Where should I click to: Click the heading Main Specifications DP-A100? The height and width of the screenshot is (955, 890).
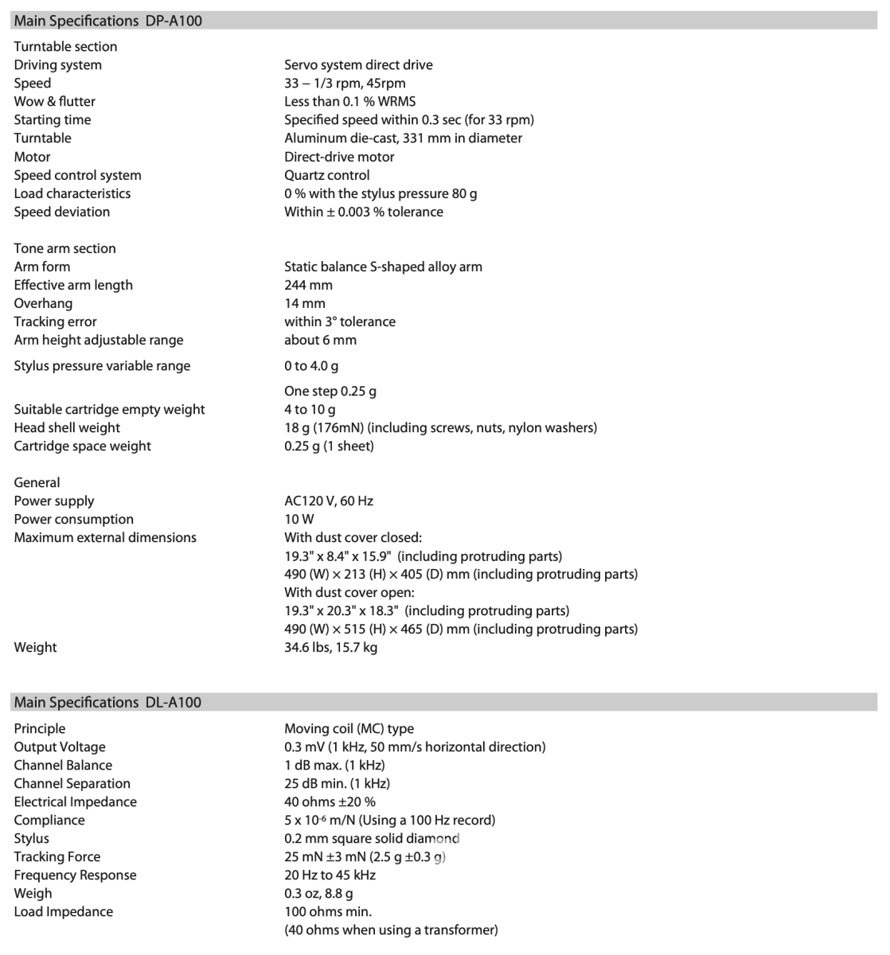coord(108,21)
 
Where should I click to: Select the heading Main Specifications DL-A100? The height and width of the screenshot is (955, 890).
coord(108,702)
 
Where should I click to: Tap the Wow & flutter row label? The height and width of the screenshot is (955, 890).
coord(54,101)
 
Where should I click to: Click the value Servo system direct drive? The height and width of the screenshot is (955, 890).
coord(358,64)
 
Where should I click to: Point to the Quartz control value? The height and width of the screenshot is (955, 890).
coord(326,175)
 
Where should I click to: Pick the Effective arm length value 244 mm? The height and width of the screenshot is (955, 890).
coord(308,285)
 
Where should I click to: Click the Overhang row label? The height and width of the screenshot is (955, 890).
coord(43,303)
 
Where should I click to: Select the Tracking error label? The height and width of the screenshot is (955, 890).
coord(55,322)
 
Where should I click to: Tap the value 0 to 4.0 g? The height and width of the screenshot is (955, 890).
coord(311,366)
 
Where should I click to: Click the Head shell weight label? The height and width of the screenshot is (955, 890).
coord(67,427)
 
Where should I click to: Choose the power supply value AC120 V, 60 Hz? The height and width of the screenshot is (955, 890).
coord(328,501)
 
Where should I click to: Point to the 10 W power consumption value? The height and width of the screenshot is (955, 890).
coord(299,519)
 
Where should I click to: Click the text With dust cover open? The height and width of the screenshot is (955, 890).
coord(349,592)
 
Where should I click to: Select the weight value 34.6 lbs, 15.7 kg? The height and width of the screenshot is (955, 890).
coord(330,647)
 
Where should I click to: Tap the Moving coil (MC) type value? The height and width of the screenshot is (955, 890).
coord(349,728)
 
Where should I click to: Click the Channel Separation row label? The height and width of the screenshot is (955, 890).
coord(72,783)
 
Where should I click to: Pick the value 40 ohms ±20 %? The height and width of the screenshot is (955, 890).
coord(330,801)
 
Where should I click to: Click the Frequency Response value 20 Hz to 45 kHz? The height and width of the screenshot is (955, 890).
coord(330,875)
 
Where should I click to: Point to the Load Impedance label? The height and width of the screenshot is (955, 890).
coord(63,911)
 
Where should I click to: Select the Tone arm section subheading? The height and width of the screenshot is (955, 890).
coord(64,248)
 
